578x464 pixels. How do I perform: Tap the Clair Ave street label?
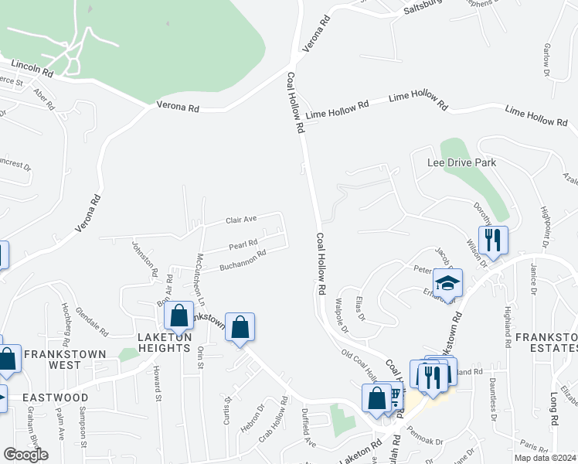click(240, 220)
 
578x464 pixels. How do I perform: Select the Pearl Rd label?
click(243, 246)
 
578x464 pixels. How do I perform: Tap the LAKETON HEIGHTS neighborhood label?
click(164, 343)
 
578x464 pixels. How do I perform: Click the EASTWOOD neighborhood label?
click(55, 397)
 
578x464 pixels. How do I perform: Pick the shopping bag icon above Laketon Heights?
click(179, 316)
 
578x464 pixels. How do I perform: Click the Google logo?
click(25, 455)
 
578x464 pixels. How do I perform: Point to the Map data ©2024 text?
click(546, 458)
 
